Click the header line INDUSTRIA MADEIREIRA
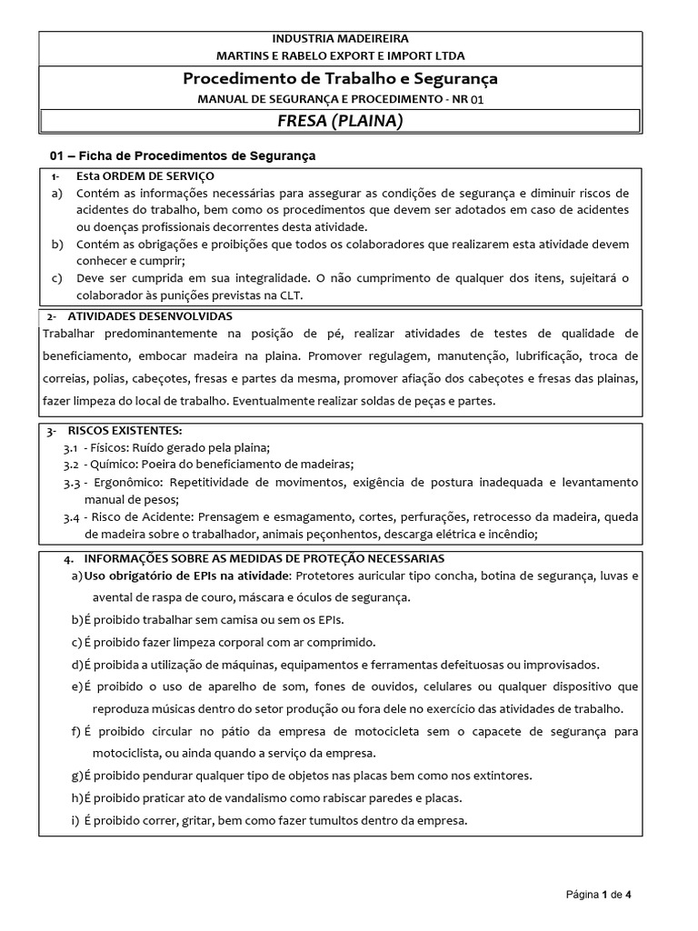click(341, 38)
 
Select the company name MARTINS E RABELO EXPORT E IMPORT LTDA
click(341, 55)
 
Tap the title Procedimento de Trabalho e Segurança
click(341, 78)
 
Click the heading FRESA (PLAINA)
click(341, 121)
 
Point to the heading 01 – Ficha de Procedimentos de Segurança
click(183, 155)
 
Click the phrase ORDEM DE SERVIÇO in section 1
click(159, 175)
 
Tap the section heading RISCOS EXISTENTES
click(125, 430)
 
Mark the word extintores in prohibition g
click(501, 776)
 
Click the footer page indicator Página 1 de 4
click(598, 895)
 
